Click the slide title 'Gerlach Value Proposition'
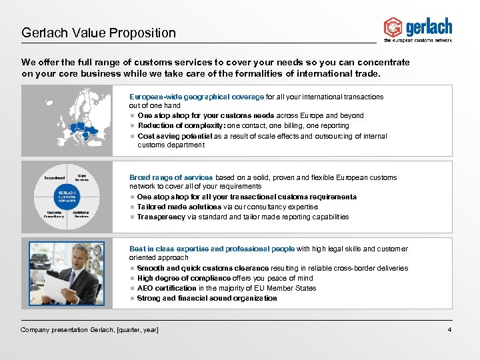(x=99, y=33)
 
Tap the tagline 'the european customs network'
(x=418, y=41)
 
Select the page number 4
(x=450, y=330)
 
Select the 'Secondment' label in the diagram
(x=54, y=178)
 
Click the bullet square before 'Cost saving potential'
(x=132, y=136)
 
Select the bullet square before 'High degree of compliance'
(x=132, y=278)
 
